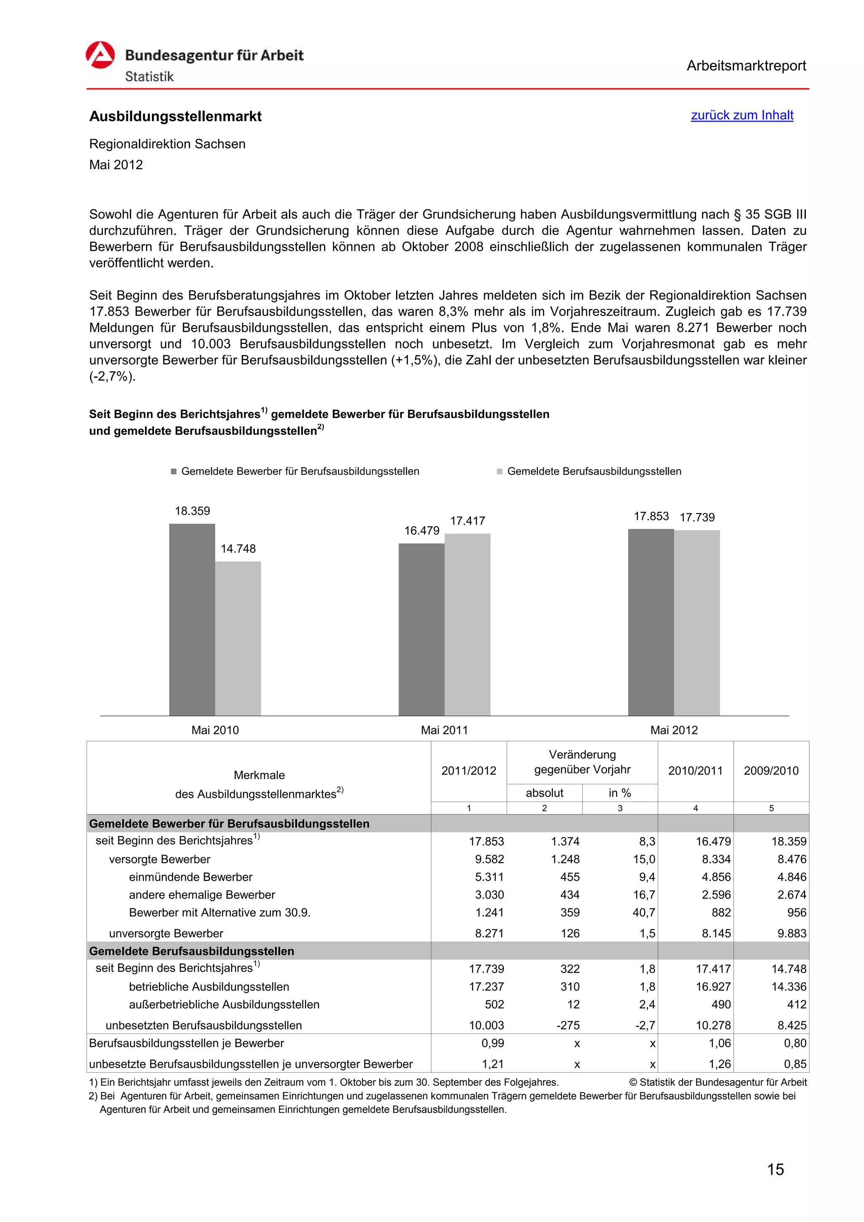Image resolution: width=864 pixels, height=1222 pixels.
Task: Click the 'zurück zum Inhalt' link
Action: (x=742, y=115)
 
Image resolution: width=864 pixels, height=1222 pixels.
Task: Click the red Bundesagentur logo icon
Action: (x=100, y=55)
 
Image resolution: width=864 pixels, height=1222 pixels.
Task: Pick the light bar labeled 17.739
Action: (x=697, y=622)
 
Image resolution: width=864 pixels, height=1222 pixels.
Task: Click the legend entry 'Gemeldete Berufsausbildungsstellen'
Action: (x=594, y=471)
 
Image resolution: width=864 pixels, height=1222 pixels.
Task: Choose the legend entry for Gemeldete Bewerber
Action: (x=300, y=471)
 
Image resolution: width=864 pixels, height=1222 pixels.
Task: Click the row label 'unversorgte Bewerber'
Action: (x=166, y=933)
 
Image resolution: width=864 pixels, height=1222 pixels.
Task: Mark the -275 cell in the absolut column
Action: (x=567, y=1025)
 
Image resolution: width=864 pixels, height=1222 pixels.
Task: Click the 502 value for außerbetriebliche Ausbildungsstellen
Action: (x=494, y=1004)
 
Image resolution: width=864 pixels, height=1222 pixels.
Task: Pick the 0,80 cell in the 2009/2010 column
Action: (x=795, y=1043)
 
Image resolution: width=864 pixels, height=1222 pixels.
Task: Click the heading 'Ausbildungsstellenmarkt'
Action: (x=175, y=116)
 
